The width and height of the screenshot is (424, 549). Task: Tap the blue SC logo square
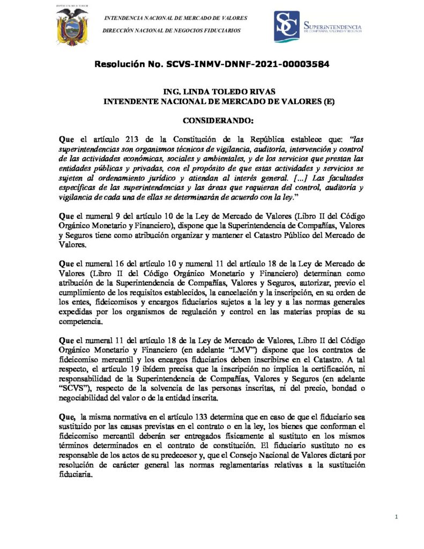(287, 26)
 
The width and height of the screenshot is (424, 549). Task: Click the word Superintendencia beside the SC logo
(332, 26)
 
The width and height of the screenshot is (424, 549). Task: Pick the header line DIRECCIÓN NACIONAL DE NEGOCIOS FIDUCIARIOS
(171, 30)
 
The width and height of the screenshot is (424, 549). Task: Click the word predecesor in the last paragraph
(189, 455)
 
